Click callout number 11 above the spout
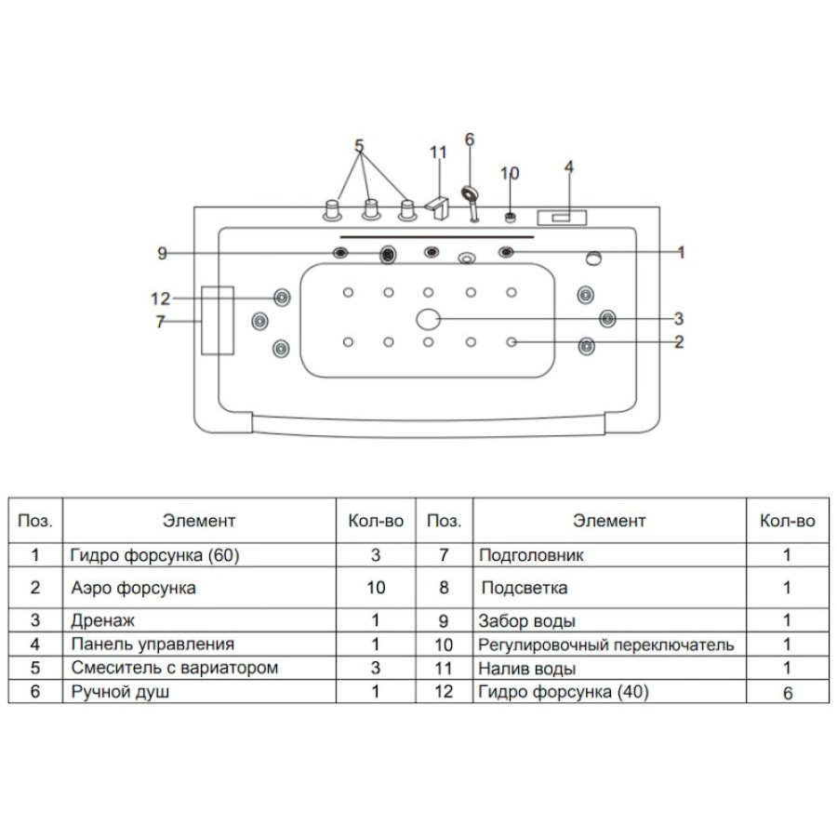pos(438,153)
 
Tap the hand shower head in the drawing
pos(470,193)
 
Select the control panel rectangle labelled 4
pos(562,218)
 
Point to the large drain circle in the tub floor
pos(428,319)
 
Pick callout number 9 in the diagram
pos(162,253)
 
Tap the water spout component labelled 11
pos(438,208)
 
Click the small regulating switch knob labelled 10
pos(511,218)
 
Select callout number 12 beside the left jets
pos(160,299)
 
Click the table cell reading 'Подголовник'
pos(531,555)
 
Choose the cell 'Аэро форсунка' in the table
pos(133,588)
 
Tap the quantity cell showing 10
pos(376,588)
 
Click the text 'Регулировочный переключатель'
pos(605,644)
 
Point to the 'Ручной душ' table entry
pos(120,692)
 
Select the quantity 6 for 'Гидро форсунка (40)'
pos(788,693)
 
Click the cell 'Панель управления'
pos(153,644)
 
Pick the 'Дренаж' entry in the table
pos(102,620)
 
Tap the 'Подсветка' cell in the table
pos(525,588)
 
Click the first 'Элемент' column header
pos(199,521)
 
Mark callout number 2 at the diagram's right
pos(679,341)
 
